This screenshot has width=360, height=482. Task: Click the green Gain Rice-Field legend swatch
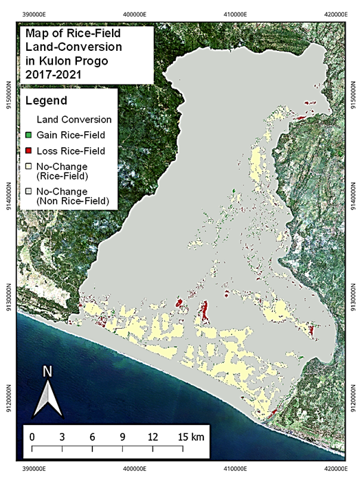click(x=28, y=134)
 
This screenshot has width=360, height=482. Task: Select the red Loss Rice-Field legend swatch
click(x=28, y=151)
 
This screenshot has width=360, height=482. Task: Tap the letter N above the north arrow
click(x=47, y=372)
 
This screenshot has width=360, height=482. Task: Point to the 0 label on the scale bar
click(x=32, y=437)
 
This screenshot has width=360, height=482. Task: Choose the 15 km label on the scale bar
click(x=189, y=437)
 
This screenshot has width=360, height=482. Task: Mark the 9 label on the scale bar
click(x=123, y=437)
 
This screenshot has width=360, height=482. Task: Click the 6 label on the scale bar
click(x=93, y=437)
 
